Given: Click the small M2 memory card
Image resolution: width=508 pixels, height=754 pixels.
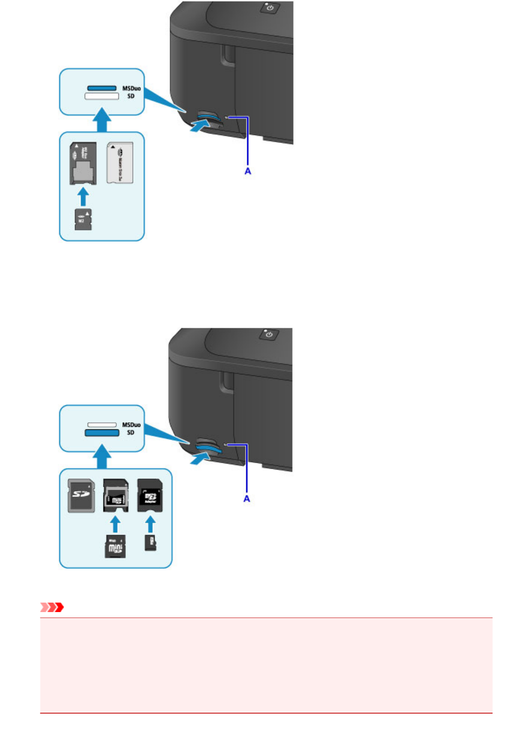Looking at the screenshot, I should (x=83, y=220).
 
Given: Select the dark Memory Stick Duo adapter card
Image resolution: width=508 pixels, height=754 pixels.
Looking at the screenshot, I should (x=83, y=163).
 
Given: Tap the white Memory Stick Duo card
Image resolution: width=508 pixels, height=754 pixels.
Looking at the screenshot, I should (x=120, y=163).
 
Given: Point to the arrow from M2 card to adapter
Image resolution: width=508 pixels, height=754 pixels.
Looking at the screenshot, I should (x=84, y=196).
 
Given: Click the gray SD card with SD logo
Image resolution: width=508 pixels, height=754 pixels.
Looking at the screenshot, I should (x=81, y=495).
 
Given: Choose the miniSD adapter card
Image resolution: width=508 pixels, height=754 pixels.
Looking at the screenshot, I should (x=115, y=495).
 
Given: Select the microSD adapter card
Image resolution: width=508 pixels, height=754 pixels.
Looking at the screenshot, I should (x=150, y=495).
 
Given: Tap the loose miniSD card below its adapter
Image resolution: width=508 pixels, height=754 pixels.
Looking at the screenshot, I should (x=115, y=547).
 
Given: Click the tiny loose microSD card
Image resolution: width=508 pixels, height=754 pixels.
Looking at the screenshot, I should (x=150, y=542).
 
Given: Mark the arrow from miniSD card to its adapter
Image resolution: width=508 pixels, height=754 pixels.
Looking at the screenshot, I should (x=115, y=524).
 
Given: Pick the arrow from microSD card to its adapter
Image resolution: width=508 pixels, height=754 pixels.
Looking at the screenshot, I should (x=150, y=524).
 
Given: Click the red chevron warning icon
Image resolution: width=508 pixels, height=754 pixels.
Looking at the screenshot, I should (x=52, y=607).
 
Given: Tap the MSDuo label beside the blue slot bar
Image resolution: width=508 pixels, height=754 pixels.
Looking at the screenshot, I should (x=131, y=88).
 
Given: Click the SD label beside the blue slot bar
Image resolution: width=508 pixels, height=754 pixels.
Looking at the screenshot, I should (x=130, y=433).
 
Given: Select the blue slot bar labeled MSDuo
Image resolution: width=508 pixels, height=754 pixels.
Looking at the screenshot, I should (x=102, y=88).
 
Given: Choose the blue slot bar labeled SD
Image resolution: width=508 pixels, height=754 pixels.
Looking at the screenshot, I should (x=102, y=433).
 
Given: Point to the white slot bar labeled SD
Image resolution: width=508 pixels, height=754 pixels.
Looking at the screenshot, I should (x=102, y=96).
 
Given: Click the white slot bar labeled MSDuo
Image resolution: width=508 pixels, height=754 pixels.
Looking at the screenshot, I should (x=102, y=425).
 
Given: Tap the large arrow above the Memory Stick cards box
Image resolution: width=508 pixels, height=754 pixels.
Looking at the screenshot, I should (x=102, y=121).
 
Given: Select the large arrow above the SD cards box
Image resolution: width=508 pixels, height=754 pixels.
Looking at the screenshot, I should (x=102, y=457).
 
